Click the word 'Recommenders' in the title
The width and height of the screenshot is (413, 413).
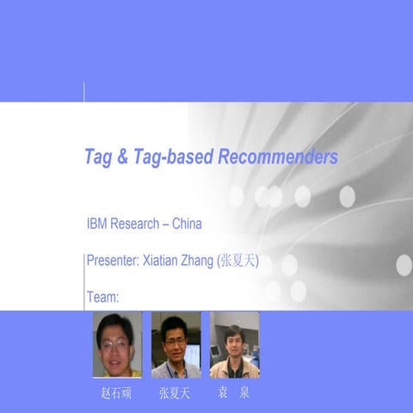pyautogui.click(x=279, y=157)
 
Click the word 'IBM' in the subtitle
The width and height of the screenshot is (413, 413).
pyautogui.click(x=97, y=225)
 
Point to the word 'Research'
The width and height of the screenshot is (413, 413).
pyautogui.click(x=133, y=225)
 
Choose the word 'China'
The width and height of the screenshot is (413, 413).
pyautogui.click(x=187, y=225)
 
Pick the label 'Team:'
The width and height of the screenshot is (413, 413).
pyautogui.click(x=102, y=298)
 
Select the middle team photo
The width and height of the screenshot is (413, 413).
pyautogui.click(x=176, y=344)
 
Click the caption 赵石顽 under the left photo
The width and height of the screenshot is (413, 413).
pyautogui.click(x=117, y=395)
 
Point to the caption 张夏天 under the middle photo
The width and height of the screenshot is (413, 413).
pyautogui.click(x=176, y=395)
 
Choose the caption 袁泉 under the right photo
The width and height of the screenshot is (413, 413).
pyautogui.click(x=234, y=395)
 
